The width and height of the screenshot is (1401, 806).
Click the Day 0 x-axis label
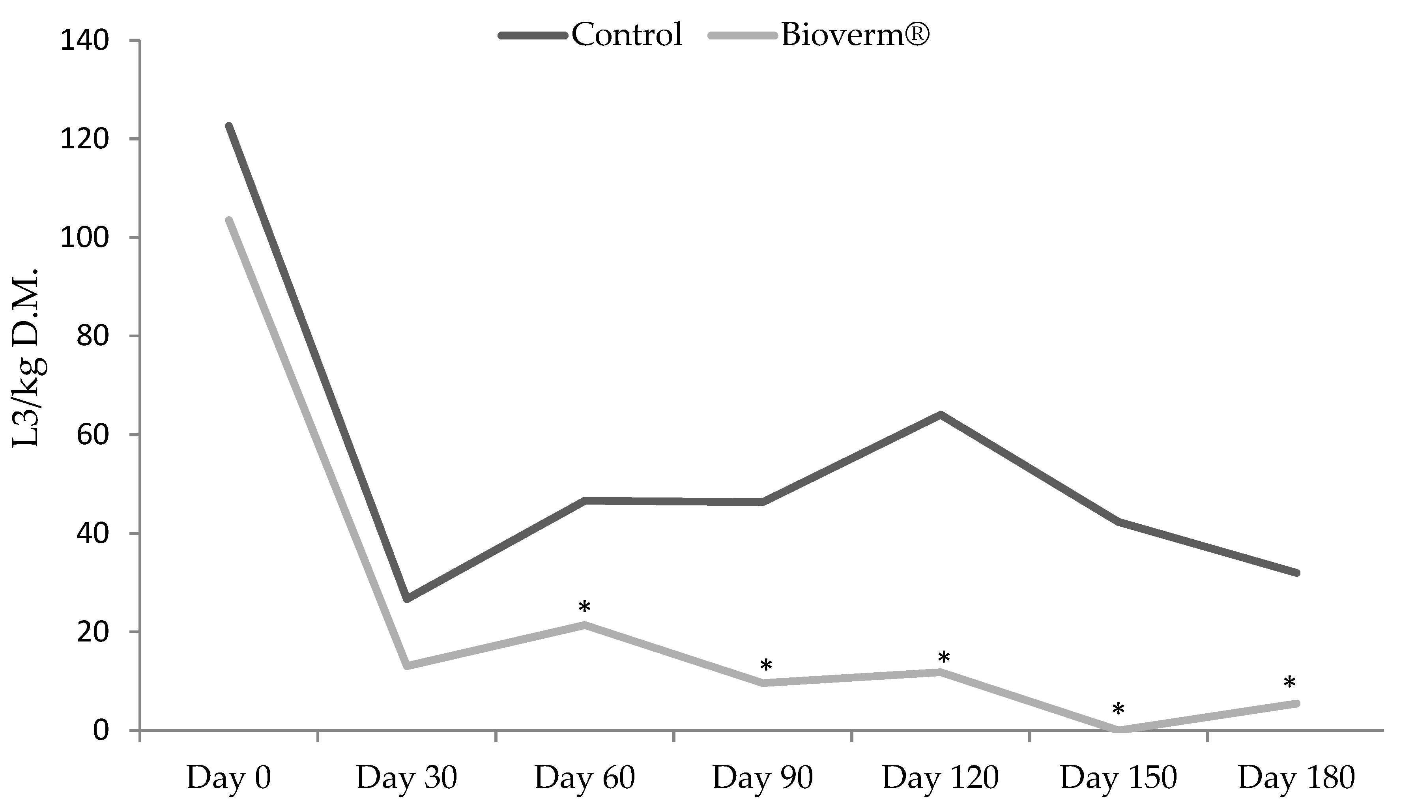228,778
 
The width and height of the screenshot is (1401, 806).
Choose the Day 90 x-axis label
762,778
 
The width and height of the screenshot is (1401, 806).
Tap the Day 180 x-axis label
1296,778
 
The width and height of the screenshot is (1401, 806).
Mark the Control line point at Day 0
228,126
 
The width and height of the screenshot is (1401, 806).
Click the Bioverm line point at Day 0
228,220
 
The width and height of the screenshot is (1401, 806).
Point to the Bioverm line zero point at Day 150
1119,729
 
